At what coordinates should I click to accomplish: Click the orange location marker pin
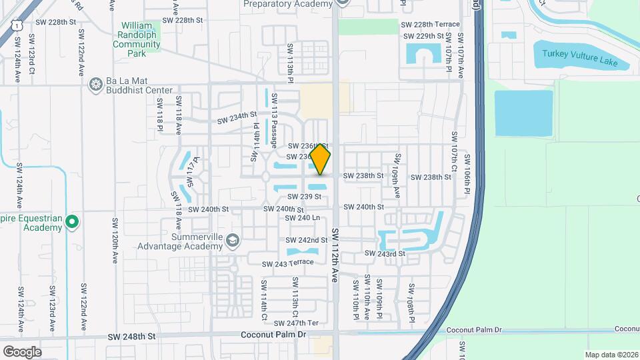click(x=320, y=159)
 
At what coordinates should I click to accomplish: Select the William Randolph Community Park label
click(x=137, y=39)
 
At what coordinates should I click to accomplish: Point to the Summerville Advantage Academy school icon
click(x=232, y=240)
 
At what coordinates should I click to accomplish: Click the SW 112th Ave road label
click(x=335, y=254)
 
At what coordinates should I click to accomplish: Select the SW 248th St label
click(x=131, y=337)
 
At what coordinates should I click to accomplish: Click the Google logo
click(x=22, y=351)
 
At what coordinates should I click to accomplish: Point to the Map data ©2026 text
click(x=611, y=355)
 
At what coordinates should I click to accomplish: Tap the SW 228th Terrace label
click(x=430, y=25)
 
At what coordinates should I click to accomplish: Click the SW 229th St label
click(x=423, y=36)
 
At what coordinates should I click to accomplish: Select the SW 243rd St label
click(x=385, y=253)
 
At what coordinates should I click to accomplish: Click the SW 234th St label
click(x=238, y=117)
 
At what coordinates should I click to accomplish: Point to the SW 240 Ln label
click(x=302, y=218)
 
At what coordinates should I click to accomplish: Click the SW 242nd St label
click(x=307, y=240)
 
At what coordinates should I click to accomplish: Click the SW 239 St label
click(x=305, y=197)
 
